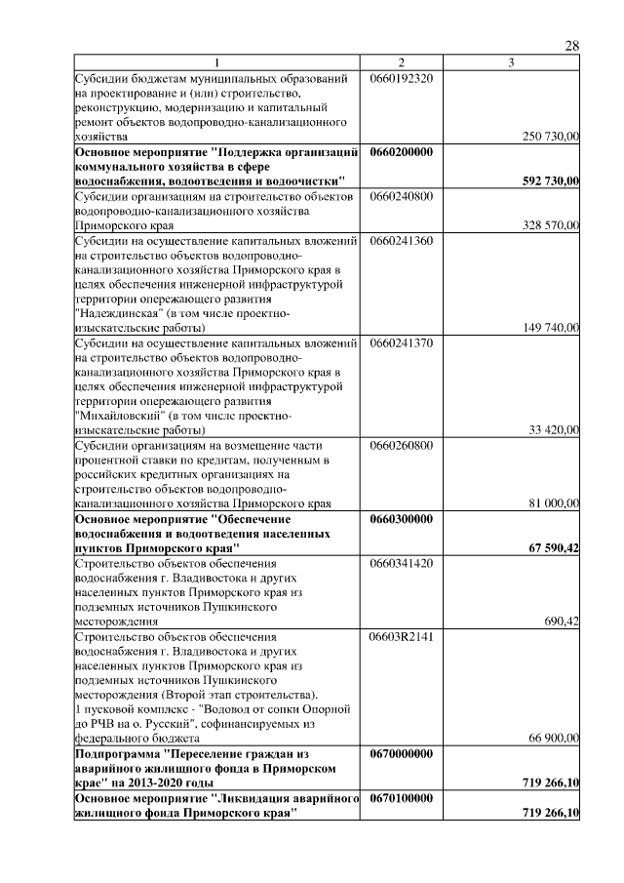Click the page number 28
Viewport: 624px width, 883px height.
click(572, 46)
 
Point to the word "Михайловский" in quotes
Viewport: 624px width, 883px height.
click(116, 416)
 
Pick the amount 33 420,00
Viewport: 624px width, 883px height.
click(554, 430)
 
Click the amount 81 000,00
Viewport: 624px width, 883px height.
click(554, 503)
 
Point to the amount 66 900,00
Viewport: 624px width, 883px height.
click(554, 739)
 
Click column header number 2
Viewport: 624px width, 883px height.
click(401, 63)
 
